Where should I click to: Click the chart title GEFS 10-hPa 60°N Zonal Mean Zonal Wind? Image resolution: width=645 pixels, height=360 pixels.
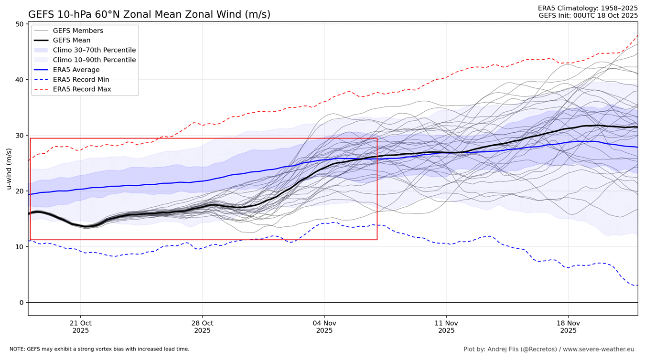[x=149, y=14]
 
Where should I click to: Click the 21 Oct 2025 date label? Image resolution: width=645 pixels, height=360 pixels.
[x=81, y=327]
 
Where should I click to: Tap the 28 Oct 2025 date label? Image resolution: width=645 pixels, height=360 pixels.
[x=203, y=327]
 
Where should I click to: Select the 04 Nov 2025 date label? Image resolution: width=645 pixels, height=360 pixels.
[x=324, y=327]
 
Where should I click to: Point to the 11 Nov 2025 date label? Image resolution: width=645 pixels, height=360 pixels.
[x=446, y=327]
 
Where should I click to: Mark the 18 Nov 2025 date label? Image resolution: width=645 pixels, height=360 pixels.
[x=569, y=327]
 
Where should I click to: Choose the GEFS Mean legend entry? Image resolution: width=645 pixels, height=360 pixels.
[x=72, y=41]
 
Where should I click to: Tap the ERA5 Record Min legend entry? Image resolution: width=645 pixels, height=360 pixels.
[x=81, y=80]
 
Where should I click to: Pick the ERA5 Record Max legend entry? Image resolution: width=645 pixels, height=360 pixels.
[x=82, y=89]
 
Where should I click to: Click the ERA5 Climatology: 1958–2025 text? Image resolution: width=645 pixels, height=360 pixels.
[x=588, y=8]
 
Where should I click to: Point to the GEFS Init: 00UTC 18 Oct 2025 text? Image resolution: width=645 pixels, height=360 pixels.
[x=588, y=15]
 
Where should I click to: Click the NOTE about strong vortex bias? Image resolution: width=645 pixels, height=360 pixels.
[x=99, y=349]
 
